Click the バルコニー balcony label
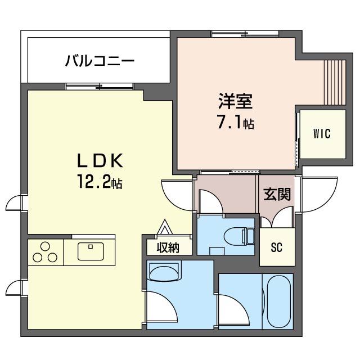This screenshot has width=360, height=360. click(99, 60)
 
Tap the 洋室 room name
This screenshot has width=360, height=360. click(236, 101)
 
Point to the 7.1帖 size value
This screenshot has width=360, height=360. click(236, 122)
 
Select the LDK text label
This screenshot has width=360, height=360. click(100, 161)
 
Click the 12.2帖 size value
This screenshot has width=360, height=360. click(100, 183)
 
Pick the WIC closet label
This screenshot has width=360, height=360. click(322, 134)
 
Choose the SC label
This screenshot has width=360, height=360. click(276, 247)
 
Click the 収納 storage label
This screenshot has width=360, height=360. click(168, 247)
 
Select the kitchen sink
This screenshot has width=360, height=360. click(89, 251)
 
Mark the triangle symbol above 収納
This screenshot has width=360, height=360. click(165, 227)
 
